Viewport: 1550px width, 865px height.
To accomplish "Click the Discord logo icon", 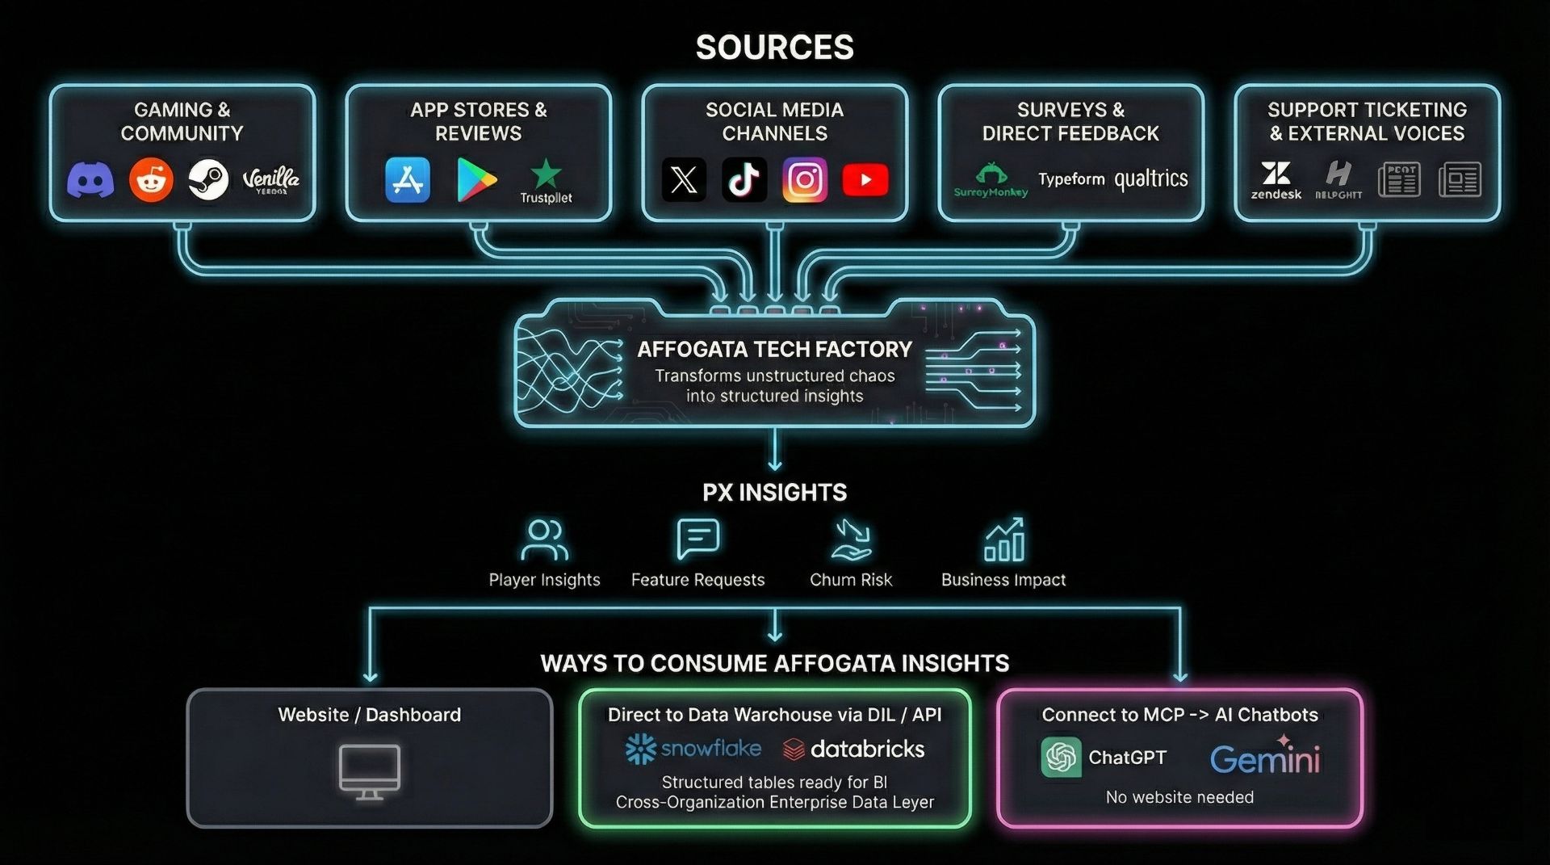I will (x=90, y=179).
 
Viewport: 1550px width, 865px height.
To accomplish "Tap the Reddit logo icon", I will (x=151, y=179).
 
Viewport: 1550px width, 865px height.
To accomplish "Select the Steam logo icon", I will (x=208, y=179).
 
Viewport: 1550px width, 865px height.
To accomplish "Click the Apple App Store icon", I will (x=408, y=179).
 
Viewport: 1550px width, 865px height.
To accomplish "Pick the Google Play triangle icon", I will (x=475, y=179).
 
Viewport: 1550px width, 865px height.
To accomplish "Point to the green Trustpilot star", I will (x=547, y=173).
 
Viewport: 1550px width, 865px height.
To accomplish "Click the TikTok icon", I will (x=744, y=179).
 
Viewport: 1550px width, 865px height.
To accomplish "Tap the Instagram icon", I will (x=805, y=179).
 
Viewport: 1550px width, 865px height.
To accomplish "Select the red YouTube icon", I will (x=865, y=179).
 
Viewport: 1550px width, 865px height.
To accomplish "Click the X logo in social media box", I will (x=684, y=179).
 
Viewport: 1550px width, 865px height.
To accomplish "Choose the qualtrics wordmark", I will (x=1151, y=179).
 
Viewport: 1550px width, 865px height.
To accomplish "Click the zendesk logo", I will (x=1276, y=179).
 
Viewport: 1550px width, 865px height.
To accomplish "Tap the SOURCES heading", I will (x=774, y=47).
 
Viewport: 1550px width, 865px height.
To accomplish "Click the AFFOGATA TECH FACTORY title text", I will (x=774, y=349).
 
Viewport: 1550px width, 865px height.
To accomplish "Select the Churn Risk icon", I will (x=851, y=540).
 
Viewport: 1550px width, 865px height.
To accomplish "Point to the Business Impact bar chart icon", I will (x=1003, y=540).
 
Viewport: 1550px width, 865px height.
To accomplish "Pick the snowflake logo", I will (x=693, y=749).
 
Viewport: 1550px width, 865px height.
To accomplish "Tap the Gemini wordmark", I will (x=1265, y=758).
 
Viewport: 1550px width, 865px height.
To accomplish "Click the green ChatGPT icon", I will (x=1061, y=757).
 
